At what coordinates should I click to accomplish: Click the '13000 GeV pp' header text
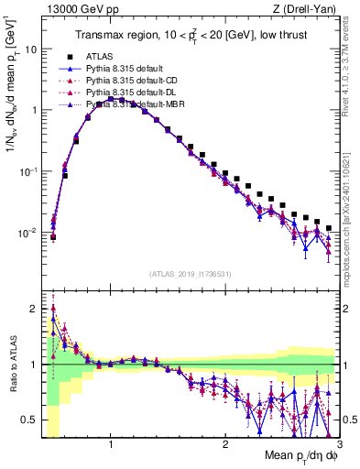click(x=76, y=9)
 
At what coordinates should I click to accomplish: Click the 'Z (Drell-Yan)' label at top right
click(x=308, y=9)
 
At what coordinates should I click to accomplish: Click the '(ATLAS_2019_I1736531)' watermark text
click(x=191, y=275)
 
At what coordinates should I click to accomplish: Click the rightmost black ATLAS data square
click(x=329, y=228)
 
